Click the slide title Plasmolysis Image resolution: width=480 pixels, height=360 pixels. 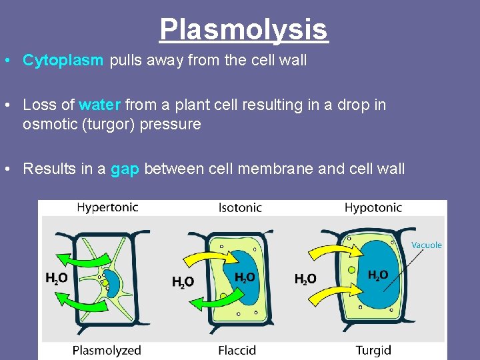[243, 29]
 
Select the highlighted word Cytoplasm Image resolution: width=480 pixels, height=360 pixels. [63, 61]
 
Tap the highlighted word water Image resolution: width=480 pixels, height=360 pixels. [99, 105]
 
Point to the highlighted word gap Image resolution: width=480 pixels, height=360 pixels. [124, 169]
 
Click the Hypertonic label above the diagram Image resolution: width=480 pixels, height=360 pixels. [107, 207]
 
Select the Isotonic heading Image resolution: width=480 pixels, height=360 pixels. [240, 208]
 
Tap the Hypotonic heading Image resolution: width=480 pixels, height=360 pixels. [373, 208]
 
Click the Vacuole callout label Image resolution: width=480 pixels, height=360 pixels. [427, 245]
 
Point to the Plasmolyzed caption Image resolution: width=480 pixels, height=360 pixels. [107, 350]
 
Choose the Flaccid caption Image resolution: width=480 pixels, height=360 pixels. [237, 350]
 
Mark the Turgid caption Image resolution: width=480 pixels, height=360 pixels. [373, 350]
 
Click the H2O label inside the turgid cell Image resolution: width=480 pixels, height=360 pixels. [378, 275]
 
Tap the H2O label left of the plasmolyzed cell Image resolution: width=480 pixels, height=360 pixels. [56, 279]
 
